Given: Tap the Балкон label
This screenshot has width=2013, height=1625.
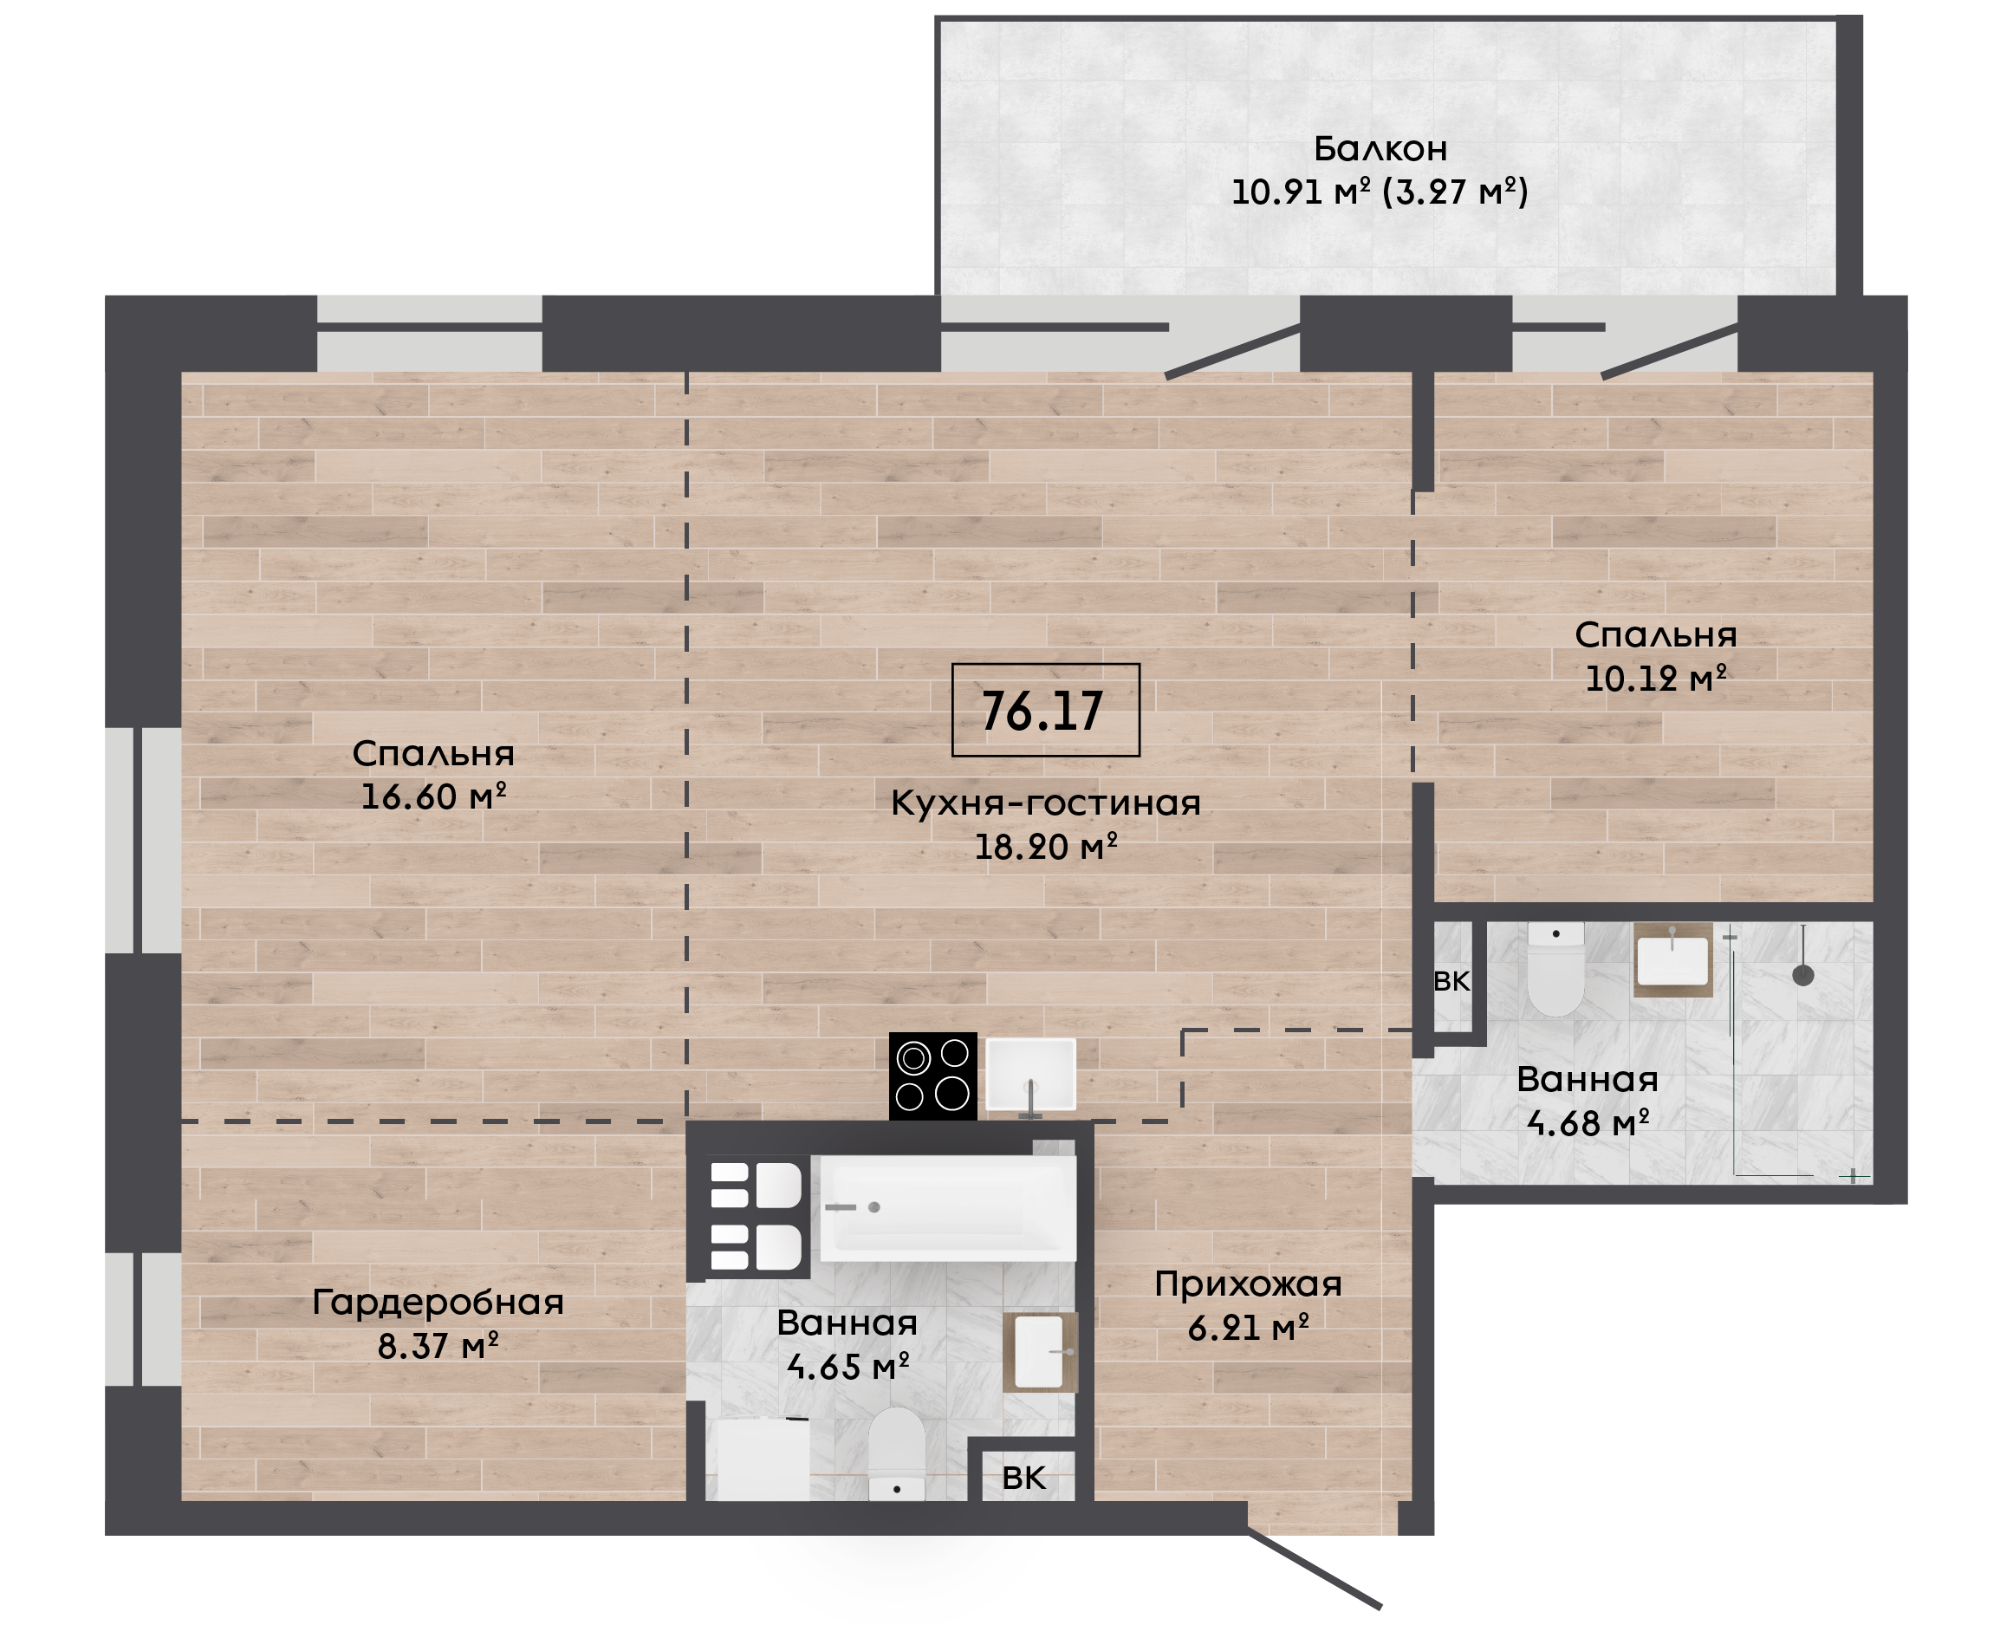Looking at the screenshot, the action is click(1380, 149).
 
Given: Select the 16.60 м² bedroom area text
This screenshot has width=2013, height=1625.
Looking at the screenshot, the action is click(433, 796).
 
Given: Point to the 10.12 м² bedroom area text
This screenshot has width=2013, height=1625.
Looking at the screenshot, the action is click(1655, 679).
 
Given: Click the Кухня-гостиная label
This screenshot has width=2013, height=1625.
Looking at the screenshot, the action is click(1045, 803).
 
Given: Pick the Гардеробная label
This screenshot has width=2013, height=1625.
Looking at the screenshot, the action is click(438, 1302).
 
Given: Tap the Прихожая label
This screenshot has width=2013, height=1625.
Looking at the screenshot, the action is click(1249, 1284).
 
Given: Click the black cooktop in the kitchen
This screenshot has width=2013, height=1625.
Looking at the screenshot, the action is click(933, 1076).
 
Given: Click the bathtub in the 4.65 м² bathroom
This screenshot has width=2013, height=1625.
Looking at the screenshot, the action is click(948, 1208).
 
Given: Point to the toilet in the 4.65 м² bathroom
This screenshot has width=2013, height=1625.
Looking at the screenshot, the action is click(897, 1453).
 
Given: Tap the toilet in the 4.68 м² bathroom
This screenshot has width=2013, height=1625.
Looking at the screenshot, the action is click(1555, 969).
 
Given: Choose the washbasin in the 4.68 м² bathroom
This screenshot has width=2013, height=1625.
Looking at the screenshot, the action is click(1673, 960).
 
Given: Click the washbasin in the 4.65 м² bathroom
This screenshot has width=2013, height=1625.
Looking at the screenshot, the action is click(1040, 1352).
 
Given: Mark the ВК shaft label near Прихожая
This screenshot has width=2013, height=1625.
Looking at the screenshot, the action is click(1023, 1478).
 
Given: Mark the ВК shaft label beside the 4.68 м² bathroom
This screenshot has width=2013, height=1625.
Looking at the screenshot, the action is click(1451, 981).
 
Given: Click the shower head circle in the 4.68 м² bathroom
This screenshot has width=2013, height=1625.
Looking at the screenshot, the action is click(1803, 975).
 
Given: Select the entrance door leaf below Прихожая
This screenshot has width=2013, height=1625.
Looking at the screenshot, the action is click(1314, 1570).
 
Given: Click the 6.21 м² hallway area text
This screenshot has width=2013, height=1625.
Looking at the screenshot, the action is click(1249, 1329).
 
